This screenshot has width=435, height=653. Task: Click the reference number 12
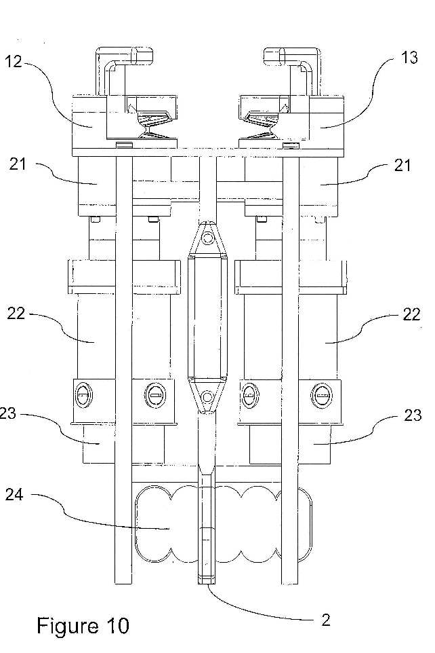(x=13, y=62)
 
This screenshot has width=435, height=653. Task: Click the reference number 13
(x=409, y=58)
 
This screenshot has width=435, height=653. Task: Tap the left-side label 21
(x=18, y=164)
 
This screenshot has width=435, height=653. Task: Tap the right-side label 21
(x=402, y=166)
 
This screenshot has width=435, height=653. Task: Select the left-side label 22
(x=16, y=313)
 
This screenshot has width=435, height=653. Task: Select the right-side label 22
(x=411, y=314)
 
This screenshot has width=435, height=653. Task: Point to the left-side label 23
(x=7, y=413)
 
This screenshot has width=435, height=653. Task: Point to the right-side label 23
(x=413, y=415)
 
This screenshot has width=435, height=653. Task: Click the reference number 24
(x=14, y=495)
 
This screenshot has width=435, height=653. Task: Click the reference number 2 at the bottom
(x=326, y=620)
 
